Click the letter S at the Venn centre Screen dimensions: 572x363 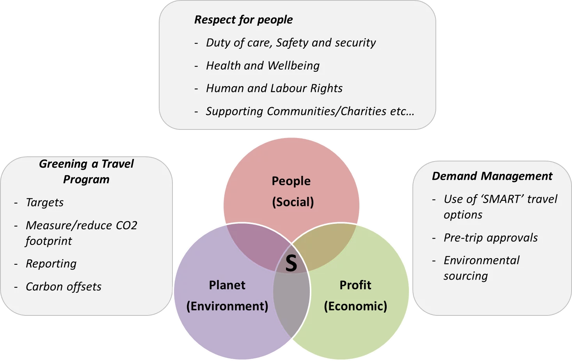click(x=291, y=263)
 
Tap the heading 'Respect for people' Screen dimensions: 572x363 click(x=243, y=20)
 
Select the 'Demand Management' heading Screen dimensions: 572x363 click(x=492, y=176)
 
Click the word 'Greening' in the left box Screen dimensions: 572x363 click(x=63, y=164)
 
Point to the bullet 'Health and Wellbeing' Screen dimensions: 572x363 click(x=263, y=66)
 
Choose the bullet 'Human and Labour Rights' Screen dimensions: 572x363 click(x=274, y=88)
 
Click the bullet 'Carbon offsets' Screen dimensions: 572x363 click(x=64, y=287)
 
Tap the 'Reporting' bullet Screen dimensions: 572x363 click(x=51, y=264)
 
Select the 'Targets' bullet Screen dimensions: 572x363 click(x=45, y=203)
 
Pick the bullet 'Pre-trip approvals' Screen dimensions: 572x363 click(x=490, y=238)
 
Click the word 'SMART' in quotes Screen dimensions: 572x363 click(x=501, y=199)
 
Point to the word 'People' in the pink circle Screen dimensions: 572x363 click(x=291, y=181)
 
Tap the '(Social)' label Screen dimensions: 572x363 click(x=293, y=202)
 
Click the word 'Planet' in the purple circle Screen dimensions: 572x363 click(x=227, y=285)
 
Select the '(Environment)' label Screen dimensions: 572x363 click(x=227, y=306)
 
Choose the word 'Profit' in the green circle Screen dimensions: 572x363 click(x=355, y=285)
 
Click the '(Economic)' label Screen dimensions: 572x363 click(x=355, y=306)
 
